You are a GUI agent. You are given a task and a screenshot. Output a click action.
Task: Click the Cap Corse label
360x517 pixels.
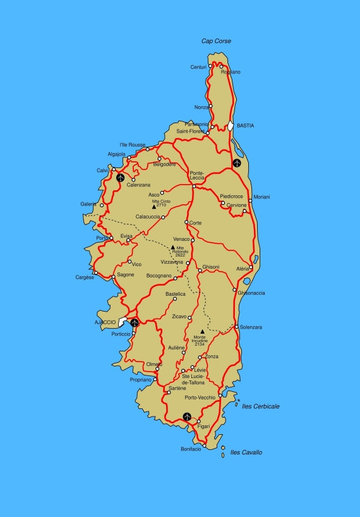click(x=216, y=41)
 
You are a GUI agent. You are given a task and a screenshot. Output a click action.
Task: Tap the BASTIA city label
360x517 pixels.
click(x=245, y=126)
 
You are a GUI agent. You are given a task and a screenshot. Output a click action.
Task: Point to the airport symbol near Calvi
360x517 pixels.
click(x=120, y=177)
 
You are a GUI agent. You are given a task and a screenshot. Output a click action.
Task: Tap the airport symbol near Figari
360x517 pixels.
click(x=187, y=417)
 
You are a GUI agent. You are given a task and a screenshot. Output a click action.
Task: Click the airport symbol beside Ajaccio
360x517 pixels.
click(x=135, y=322)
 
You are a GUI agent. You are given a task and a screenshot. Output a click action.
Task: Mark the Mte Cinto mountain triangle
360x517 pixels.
click(x=153, y=206)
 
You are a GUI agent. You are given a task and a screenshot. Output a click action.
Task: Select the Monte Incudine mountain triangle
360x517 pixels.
click(x=202, y=331)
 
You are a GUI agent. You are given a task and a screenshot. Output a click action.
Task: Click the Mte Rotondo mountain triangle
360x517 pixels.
click(x=173, y=247)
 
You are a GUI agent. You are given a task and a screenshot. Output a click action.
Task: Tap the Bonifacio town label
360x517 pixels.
click(x=191, y=449)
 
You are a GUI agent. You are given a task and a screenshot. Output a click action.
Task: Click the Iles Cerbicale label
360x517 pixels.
click(x=261, y=406)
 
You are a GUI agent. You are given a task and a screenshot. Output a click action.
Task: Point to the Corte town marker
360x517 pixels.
click(x=186, y=222)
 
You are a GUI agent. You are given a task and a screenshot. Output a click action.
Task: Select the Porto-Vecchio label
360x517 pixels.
click(x=200, y=398)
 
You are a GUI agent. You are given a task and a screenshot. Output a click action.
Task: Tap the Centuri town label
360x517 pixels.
click(x=198, y=67)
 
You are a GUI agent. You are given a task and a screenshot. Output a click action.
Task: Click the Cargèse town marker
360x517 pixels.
click(x=96, y=273)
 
